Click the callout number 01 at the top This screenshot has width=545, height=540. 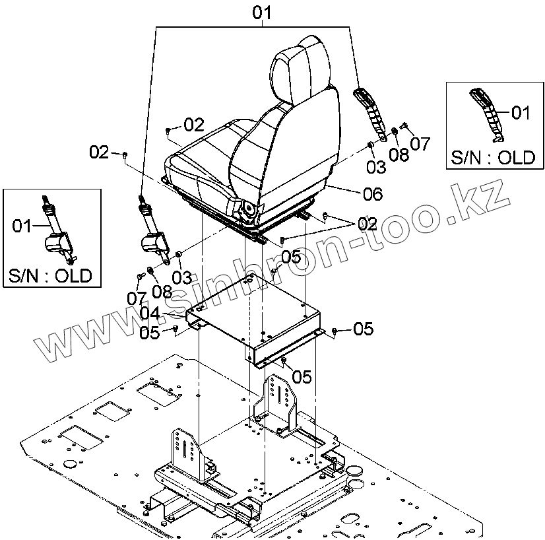[262, 12]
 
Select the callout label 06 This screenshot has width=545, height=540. [372, 194]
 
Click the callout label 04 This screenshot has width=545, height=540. [150, 312]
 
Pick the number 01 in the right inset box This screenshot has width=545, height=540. [521, 113]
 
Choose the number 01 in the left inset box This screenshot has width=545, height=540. [22, 227]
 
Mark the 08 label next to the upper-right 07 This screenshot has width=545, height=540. [399, 154]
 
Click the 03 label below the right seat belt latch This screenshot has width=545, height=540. [375, 167]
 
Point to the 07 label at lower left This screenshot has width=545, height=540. [137, 298]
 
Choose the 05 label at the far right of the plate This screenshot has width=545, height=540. [363, 328]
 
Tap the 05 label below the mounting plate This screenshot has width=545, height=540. [302, 376]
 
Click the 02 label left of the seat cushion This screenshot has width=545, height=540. [100, 152]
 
